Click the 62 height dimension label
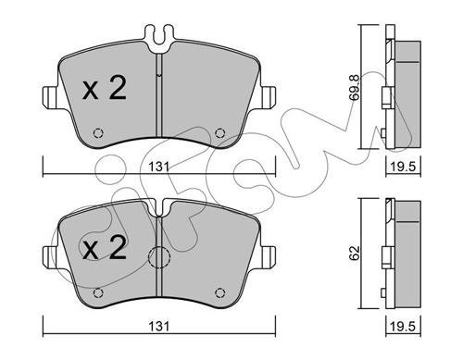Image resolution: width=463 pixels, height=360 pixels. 355,253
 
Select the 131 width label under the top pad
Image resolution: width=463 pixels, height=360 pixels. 159,167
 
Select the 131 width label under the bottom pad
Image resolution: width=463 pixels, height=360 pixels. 159,327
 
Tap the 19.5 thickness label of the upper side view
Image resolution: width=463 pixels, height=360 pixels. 404,167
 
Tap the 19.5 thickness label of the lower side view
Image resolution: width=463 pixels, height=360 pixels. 404,327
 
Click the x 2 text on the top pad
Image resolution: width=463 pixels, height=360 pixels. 105,88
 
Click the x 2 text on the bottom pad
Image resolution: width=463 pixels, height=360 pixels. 105,247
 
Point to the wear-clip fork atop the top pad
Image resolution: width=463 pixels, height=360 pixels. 159,38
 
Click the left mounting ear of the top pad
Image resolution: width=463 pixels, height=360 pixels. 50,97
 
